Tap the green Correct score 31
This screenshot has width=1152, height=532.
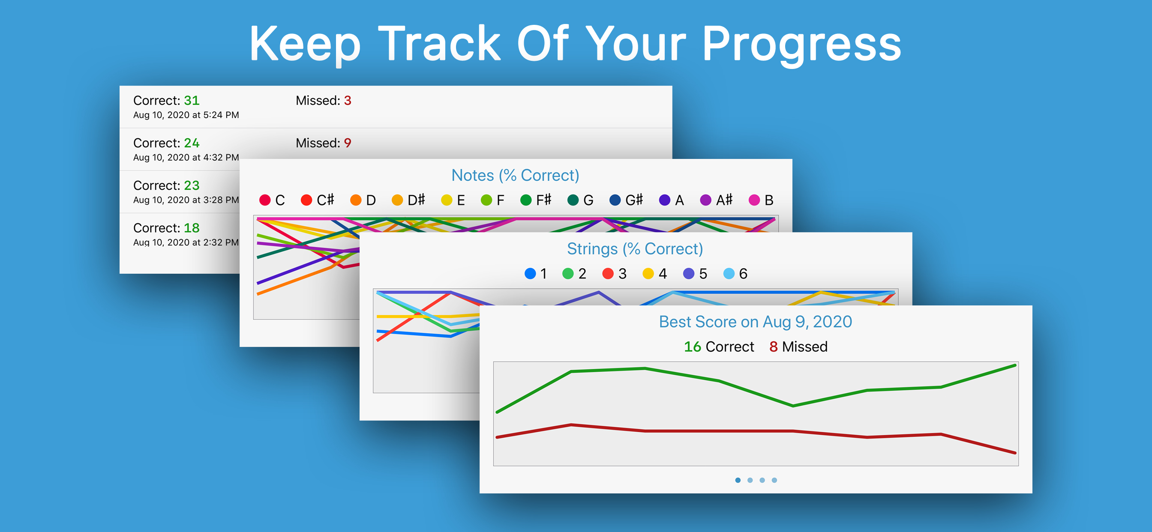coord(192,101)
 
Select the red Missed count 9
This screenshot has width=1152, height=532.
coord(348,143)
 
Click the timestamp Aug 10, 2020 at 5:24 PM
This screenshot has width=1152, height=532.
coord(186,115)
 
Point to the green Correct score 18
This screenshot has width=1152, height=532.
coord(192,228)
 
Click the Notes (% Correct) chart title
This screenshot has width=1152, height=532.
coord(515,175)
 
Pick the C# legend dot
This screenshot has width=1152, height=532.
coord(306,200)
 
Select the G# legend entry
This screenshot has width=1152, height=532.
coord(626,200)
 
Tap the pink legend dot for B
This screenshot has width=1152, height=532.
coord(754,200)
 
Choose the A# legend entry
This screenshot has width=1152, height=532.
coord(717,200)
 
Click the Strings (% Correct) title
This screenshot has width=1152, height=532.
coord(635,248)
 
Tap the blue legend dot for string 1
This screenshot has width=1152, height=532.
coord(530,273)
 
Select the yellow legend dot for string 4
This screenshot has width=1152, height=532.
coord(648,273)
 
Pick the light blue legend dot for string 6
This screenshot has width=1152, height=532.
coord(729,273)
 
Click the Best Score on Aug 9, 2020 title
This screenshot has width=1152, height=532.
coord(755,322)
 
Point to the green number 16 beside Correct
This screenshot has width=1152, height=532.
coord(692,347)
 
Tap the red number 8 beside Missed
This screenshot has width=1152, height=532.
coord(773,347)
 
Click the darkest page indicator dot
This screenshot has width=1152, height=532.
coord(738,480)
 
